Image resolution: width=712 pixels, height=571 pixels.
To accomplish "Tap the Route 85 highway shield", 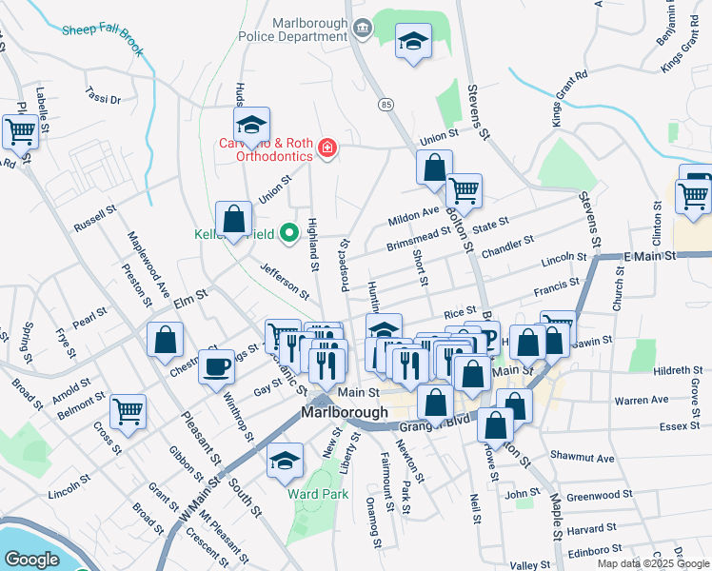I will [x=384, y=103].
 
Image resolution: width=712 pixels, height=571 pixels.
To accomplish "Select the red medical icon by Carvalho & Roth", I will [x=326, y=148].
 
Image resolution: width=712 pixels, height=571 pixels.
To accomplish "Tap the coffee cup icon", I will [x=216, y=365].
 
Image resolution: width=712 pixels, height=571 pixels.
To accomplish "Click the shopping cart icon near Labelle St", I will [x=20, y=130].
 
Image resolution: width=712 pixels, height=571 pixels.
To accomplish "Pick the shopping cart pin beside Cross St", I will [x=128, y=411].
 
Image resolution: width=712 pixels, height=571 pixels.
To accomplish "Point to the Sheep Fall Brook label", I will [x=102, y=36].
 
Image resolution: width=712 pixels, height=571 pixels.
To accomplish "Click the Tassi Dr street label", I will [x=103, y=98].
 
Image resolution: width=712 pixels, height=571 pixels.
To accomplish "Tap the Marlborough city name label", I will [x=344, y=413].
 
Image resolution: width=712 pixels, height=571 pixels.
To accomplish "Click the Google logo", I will [x=31, y=560].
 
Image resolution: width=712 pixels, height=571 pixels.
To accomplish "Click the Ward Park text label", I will [x=319, y=494].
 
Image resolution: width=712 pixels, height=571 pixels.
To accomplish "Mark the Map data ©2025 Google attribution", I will [x=652, y=563].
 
